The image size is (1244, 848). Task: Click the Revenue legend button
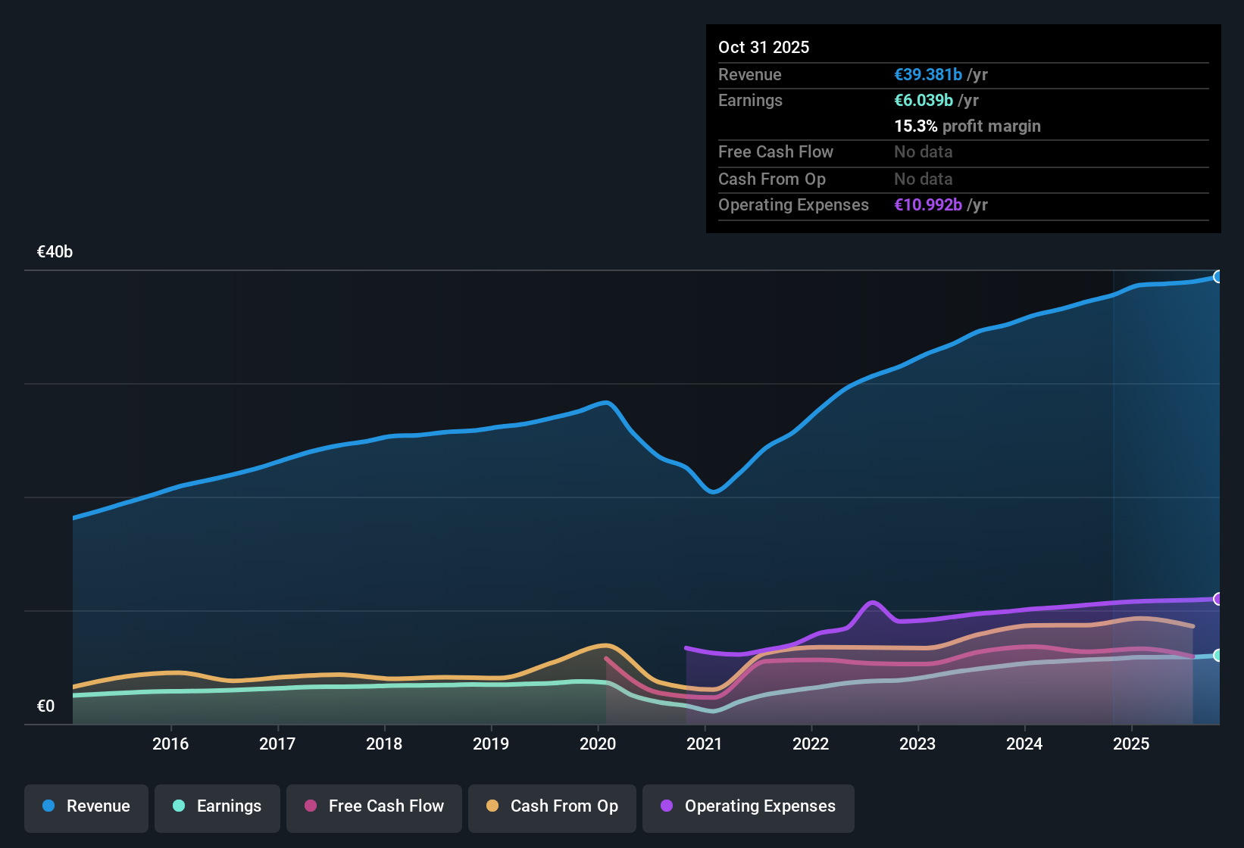click(x=86, y=806)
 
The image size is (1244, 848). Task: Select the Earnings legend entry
click(x=217, y=806)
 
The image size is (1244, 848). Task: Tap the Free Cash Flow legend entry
click(x=374, y=806)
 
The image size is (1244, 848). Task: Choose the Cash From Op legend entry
click(x=552, y=806)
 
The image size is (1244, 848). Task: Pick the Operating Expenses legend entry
click(x=749, y=806)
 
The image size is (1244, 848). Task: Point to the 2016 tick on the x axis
click(x=170, y=744)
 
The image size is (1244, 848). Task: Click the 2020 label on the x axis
click(x=598, y=744)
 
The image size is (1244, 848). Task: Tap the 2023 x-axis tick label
click(x=917, y=744)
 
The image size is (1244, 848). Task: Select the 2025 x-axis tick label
click(x=1131, y=744)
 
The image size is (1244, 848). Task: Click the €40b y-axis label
click(x=55, y=252)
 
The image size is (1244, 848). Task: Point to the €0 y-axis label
click(x=45, y=706)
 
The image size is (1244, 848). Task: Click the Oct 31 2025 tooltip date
click(x=764, y=47)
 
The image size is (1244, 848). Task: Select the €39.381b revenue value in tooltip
click(x=928, y=74)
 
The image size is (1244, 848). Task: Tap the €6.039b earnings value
click(x=924, y=100)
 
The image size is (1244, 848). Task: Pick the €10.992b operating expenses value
click(x=928, y=204)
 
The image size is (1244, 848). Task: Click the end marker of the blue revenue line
click(x=1217, y=276)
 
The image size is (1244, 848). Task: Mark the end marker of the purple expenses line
click(x=1217, y=599)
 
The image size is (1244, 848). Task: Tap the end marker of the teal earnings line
click(x=1217, y=655)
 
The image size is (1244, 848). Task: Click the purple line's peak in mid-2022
click(x=873, y=603)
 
